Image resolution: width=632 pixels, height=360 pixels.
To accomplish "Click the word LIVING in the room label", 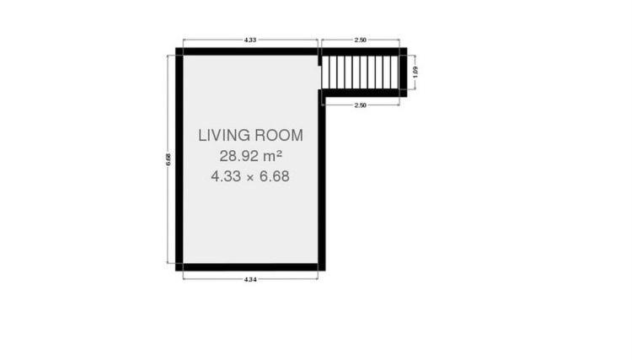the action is [223, 136].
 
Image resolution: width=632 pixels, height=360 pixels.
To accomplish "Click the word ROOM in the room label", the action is [279, 136].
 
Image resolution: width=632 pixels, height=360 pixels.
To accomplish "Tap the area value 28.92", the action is [239, 156].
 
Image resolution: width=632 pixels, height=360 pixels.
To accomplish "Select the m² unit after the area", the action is [273, 156].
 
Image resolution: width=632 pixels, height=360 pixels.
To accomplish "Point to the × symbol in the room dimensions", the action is [250, 177].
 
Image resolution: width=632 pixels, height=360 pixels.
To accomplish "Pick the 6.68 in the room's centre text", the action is [274, 176].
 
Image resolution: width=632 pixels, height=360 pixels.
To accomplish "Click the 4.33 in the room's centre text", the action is [226, 176].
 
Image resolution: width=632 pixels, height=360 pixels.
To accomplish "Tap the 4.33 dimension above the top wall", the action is [250, 40].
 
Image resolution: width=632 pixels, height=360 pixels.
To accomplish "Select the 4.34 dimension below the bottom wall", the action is [250, 279].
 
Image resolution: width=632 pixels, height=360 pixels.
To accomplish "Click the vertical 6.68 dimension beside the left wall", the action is [168, 159].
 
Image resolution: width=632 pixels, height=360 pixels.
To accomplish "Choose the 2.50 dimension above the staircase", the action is [361, 40].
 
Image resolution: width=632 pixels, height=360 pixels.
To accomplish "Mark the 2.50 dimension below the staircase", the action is [361, 105].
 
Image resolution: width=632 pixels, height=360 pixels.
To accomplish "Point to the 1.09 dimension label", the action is [415, 72].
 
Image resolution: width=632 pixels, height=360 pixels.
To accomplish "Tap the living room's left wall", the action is [179, 159].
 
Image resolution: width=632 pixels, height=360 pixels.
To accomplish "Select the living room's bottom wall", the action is [250, 267].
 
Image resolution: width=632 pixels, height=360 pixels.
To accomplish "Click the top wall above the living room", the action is [247, 51].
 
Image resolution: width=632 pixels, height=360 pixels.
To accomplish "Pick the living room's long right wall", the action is [322, 180].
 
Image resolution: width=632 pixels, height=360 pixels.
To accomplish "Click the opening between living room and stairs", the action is [320, 78].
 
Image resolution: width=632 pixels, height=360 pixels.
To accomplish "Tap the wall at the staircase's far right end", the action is [403, 73].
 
